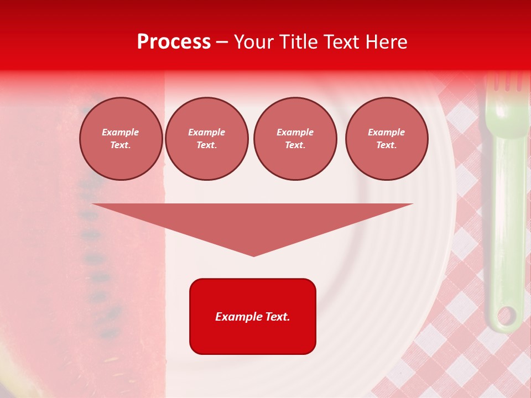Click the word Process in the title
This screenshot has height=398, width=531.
174,42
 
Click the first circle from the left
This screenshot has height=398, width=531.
121,139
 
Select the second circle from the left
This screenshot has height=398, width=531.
207,139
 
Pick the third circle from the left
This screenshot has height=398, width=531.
295,139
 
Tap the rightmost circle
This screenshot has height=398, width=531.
387,139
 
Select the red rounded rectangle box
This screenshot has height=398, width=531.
253,316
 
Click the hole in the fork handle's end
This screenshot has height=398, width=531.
506,316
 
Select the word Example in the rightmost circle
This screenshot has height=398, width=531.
387,133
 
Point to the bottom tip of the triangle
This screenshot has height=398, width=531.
254,255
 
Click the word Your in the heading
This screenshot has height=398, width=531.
252,42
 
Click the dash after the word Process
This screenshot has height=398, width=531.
222,42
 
